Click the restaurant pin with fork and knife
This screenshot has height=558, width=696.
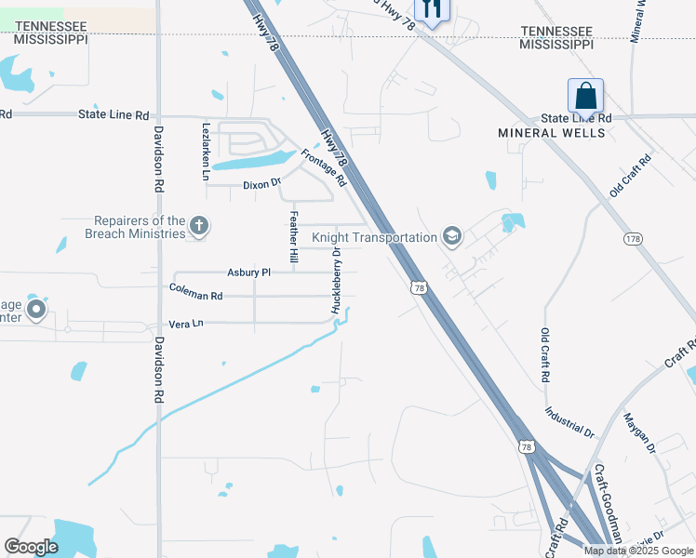(429, 8)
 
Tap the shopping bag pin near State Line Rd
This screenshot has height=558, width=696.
(585, 96)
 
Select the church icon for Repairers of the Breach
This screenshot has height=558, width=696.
(198, 225)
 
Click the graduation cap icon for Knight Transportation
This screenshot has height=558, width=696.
(451, 236)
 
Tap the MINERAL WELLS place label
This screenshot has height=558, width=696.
(551, 133)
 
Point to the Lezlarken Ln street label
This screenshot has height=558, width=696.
(206, 150)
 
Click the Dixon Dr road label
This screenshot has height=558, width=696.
(261, 184)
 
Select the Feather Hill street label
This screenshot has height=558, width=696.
(294, 236)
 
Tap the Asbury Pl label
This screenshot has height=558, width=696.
(248, 272)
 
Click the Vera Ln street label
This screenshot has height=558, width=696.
(185, 324)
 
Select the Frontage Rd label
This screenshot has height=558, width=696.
(323, 168)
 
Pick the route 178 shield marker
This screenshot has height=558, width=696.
(632, 239)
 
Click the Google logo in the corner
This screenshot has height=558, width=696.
(31, 547)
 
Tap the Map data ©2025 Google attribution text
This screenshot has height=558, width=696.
(637, 551)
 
